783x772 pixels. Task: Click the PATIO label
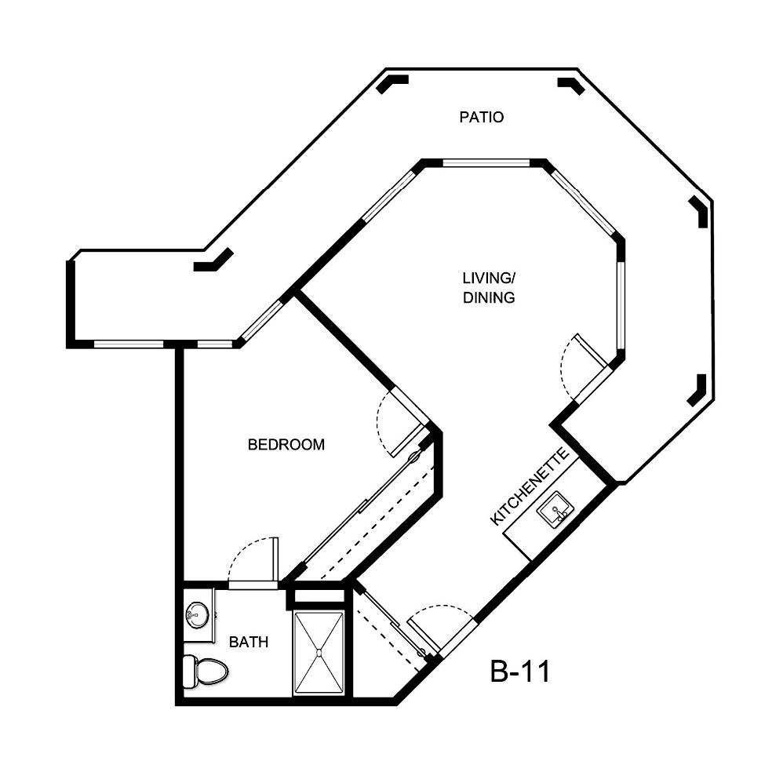[x=481, y=118]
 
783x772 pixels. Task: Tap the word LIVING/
[x=487, y=278]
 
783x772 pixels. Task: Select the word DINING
[x=488, y=297]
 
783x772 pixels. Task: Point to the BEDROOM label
[x=286, y=445]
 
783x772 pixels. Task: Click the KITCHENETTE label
[x=529, y=487]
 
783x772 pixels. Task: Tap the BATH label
[x=249, y=642]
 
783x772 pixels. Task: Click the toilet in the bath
[x=205, y=670]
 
